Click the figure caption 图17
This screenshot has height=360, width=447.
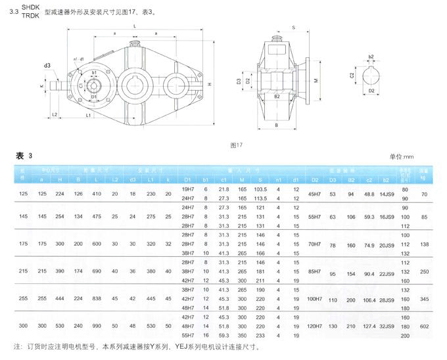[237, 144]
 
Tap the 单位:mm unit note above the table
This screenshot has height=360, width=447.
[401, 157]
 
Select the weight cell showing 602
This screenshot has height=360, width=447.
[425, 326]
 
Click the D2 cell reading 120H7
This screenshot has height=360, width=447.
[315, 326]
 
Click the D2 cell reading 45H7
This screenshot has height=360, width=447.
[315, 195]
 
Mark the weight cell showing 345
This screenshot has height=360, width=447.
[425, 299]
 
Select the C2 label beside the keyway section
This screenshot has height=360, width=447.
[352, 76]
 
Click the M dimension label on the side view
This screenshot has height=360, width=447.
[316, 81]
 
